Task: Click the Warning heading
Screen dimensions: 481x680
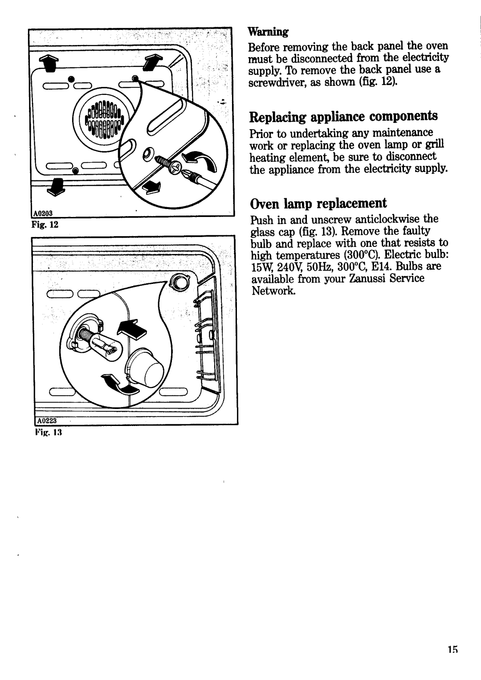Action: pyautogui.click(x=268, y=32)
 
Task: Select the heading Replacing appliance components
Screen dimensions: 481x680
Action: pyautogui.click(x=343, y=117)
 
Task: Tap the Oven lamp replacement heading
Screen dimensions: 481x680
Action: pyautogui.click(x=318, y=203)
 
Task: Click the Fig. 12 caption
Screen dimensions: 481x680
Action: pyautogui.click(x=45, y=225)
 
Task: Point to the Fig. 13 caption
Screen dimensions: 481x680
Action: pyautogui.click(x=49, y=432)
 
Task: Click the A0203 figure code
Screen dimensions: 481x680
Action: pyautogui.click(x=42, y=213)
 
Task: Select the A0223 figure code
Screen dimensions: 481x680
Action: pyautogui.click(x=47, y=421)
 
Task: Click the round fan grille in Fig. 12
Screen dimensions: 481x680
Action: pyautogui.click(x=104, y=119)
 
